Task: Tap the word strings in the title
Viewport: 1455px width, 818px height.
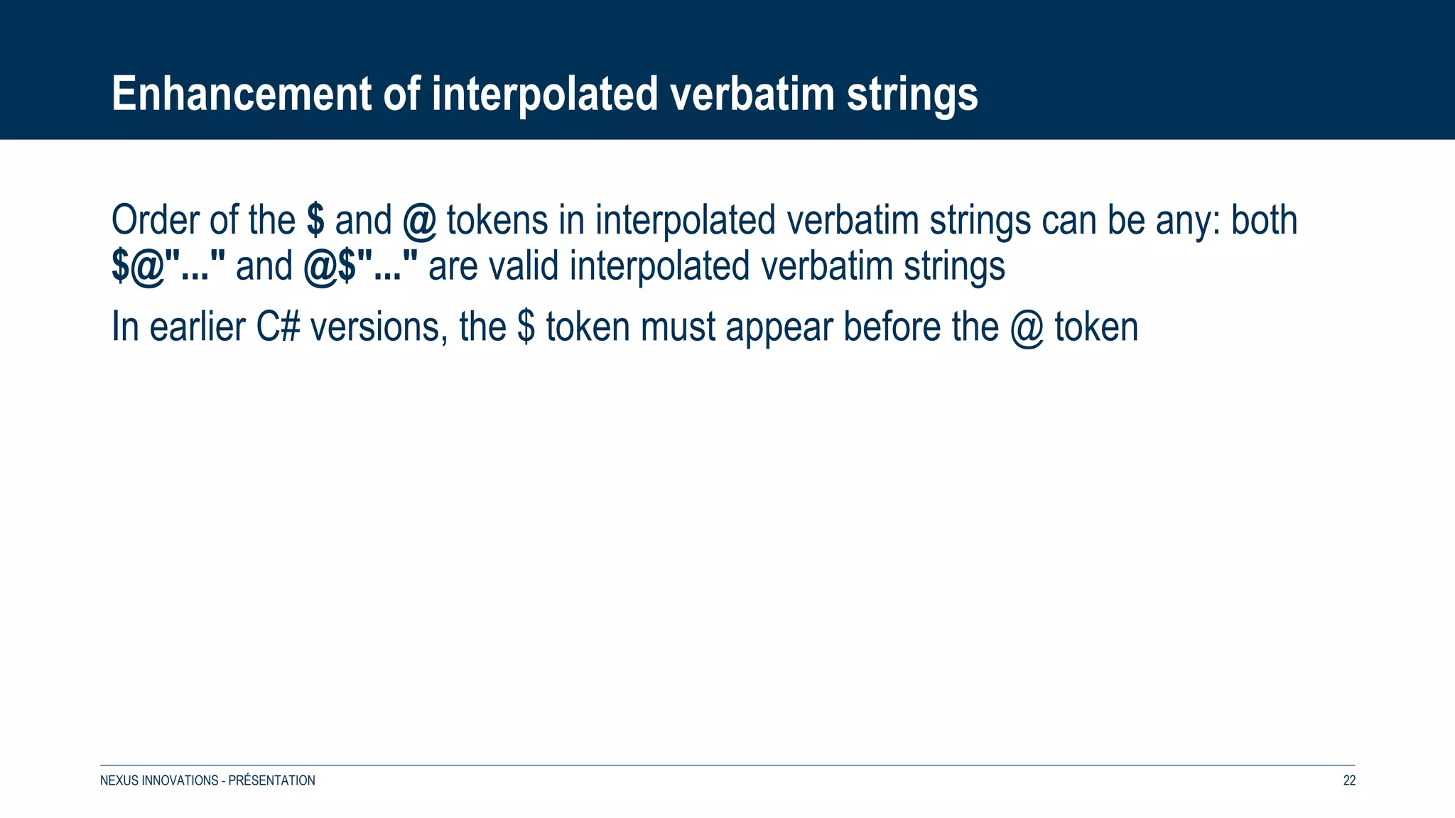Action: coord(912,95)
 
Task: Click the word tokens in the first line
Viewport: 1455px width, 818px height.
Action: coord(497,220)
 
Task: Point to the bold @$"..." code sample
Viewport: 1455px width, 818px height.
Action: coord(361,267)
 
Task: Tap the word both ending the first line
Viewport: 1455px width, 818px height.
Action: coord(1264,220)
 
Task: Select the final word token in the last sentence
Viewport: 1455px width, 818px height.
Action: coord(1096,327)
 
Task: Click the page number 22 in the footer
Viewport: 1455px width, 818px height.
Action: coord(1349,780)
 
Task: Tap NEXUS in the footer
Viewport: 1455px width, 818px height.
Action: coord(119,780)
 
